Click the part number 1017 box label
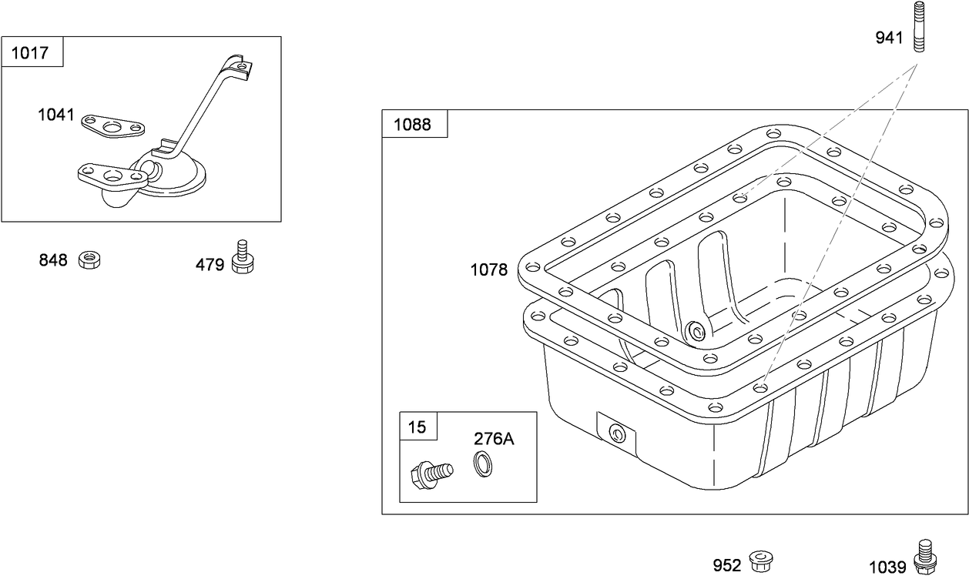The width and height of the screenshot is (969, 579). (31, 53)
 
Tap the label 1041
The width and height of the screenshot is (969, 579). (56, 115)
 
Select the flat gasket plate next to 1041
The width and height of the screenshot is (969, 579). (113, 127)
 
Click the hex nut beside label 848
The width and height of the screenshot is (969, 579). (90, 259)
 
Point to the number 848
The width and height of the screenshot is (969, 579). (53, 261)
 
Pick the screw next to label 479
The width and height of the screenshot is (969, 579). (243, 257)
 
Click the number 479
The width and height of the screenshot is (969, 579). (210, 266)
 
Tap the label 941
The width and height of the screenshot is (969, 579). (889, 38)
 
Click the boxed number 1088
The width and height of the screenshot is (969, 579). (413, 124)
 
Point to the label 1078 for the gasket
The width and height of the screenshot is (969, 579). (489, 270)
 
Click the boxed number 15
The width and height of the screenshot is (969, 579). (417, 427)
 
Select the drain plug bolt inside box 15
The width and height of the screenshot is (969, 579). (431, 471)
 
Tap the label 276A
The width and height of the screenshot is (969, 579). (494, 439)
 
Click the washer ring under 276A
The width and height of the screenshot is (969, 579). (483, 464)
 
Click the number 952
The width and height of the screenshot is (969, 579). (726, 566)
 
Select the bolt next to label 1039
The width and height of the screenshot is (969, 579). (924, 557)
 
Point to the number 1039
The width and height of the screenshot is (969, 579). (887, 567)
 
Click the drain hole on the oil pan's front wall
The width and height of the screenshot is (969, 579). (616, 433)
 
